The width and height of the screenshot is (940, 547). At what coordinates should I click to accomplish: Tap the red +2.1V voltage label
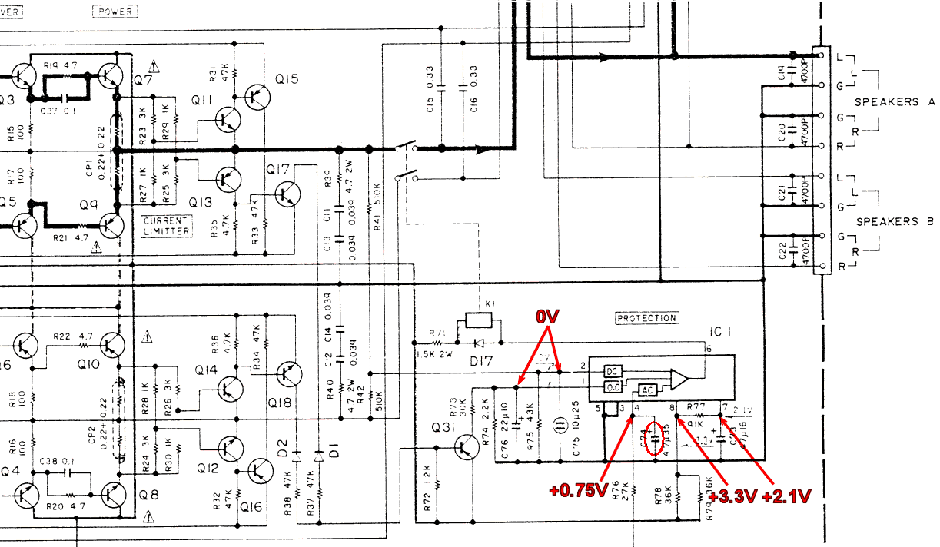786,497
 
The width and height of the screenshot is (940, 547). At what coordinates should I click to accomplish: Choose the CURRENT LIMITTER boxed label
166,227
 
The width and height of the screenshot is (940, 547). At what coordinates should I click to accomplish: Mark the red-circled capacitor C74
655,438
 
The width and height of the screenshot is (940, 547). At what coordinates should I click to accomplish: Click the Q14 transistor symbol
227,390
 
